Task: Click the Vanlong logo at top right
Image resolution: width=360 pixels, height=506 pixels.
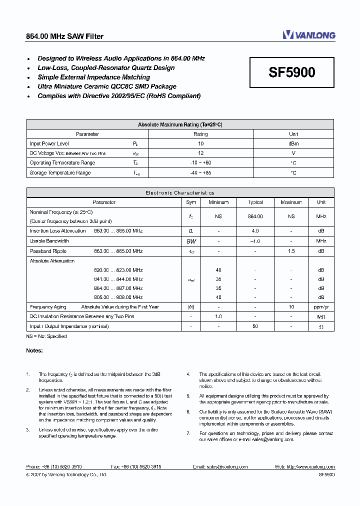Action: click(308, 35)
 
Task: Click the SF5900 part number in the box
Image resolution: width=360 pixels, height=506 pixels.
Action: click(292, 72)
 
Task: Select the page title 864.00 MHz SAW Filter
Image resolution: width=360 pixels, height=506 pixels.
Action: click(64, 36)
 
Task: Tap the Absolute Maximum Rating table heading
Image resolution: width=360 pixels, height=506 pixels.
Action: click(180, 124)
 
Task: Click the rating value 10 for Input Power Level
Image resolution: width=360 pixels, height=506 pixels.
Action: click(200, 143)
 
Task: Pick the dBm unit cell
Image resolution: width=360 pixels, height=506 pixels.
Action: click(293, 143)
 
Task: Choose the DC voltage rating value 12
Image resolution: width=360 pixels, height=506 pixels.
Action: click(200, 153)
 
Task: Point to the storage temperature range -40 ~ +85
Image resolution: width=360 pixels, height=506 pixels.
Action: click(200, 173)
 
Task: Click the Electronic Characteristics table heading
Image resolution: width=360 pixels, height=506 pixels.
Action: click(180, 192)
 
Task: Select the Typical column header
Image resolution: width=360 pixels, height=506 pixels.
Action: click(255, 202)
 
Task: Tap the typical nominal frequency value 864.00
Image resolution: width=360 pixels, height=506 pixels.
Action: click(255, 216)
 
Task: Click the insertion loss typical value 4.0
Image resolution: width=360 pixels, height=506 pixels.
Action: click(255, 231)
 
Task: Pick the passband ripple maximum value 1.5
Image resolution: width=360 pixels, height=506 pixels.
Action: click(291, 251)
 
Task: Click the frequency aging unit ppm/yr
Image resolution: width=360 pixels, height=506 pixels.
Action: click(321, 307)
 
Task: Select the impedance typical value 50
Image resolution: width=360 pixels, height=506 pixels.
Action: click(255, 326)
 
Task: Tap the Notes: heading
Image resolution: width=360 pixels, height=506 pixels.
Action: click(34, 350)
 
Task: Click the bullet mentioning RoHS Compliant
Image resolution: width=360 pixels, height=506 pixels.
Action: click(119, 95)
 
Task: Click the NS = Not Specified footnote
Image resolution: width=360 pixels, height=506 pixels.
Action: click(46, 336)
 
